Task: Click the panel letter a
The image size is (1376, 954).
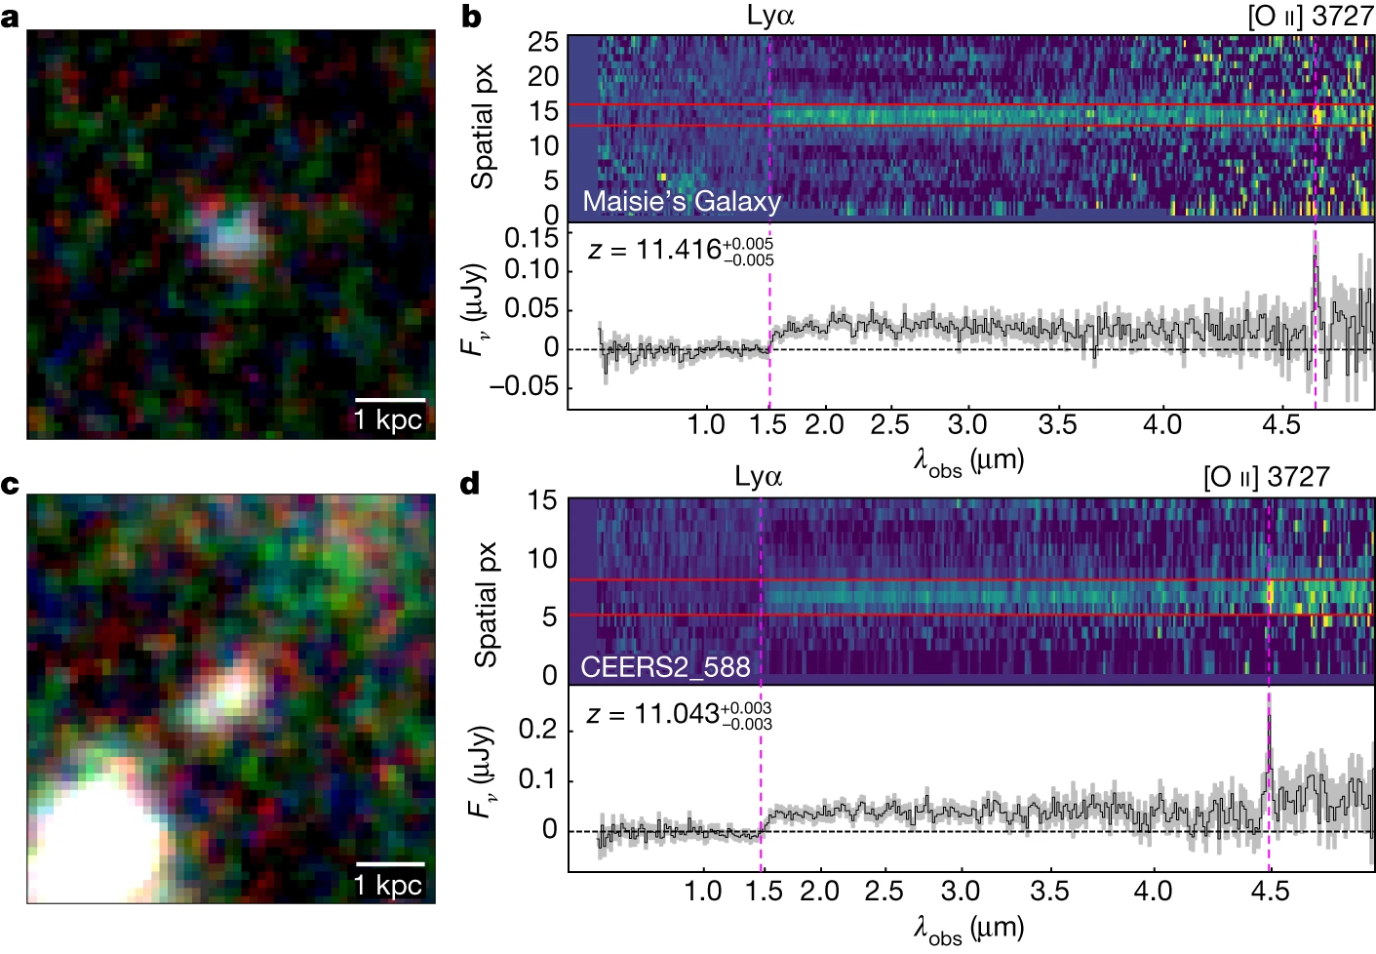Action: pos(10,19)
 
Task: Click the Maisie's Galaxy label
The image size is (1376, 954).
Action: pos(682,202)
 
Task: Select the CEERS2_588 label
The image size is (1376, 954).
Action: pos(665,667)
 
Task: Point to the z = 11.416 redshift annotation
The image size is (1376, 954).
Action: pos(681,252)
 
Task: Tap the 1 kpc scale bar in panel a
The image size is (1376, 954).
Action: pos(390,400)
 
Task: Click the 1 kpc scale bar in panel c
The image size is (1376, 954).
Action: pos(390,864)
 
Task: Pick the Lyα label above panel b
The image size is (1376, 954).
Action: pos(770,16)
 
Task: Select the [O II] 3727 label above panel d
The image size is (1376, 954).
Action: pos(1267,477)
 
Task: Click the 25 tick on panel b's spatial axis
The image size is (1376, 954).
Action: pos(543,42)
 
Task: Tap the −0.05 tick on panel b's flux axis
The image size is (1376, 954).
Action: pos(524,387)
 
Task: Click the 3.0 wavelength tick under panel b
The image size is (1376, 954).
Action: pos(967,425)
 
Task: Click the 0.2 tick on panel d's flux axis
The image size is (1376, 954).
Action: pos(538,730)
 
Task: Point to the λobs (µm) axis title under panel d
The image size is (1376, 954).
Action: pos(968,930)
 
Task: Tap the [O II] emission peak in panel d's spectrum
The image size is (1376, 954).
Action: pos(1269,716)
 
